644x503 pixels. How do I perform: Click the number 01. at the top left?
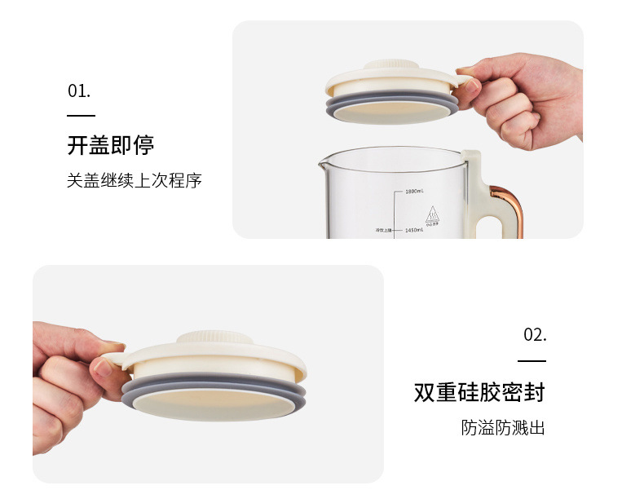tap(79, 90)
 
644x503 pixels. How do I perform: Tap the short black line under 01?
tap(81, 117)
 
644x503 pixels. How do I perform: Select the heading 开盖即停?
tap(110, 146)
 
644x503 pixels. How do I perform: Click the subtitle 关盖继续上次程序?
tap(134, 180)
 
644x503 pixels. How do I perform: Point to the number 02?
tap(534, 334)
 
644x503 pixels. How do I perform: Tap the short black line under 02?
tap(532, 360)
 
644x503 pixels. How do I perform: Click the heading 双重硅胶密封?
tap(479, 392)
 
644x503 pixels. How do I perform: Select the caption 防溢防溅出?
tap(502, 427)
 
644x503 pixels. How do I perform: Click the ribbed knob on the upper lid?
tap(390, 65)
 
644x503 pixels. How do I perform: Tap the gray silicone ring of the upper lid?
tap(391, 109)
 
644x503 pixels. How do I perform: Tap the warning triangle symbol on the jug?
tap(434, 215)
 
